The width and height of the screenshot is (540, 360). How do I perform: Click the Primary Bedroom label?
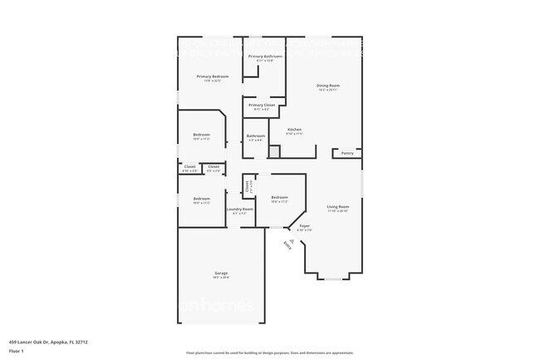coord(213,76)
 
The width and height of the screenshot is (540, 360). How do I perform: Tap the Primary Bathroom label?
coord(265,57)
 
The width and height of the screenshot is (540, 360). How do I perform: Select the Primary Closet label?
coord(262,106)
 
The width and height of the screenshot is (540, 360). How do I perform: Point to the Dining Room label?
coord(328,86)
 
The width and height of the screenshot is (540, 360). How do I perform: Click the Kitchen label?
coord(294,130)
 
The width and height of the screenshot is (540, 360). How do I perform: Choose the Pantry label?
coord(347,153)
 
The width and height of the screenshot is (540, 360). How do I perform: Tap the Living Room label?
coord(337,206)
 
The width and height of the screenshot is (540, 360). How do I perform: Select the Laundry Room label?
coord(239,210)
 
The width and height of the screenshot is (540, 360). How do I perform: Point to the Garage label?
coord(221,274)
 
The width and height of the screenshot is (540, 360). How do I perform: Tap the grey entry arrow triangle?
coord(292,239)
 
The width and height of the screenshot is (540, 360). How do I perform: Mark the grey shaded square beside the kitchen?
coord(274,152)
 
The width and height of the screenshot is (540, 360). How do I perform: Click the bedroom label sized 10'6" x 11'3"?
coord(279,197)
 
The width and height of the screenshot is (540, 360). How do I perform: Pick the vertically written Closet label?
coord(248,185)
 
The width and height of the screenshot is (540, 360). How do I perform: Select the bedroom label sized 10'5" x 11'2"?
coord(202,135)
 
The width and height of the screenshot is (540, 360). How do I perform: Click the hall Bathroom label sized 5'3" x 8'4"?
coord(255,136)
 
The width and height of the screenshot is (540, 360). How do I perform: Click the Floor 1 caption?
coord(17,350)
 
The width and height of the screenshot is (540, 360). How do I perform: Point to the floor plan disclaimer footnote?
coord(269,353)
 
